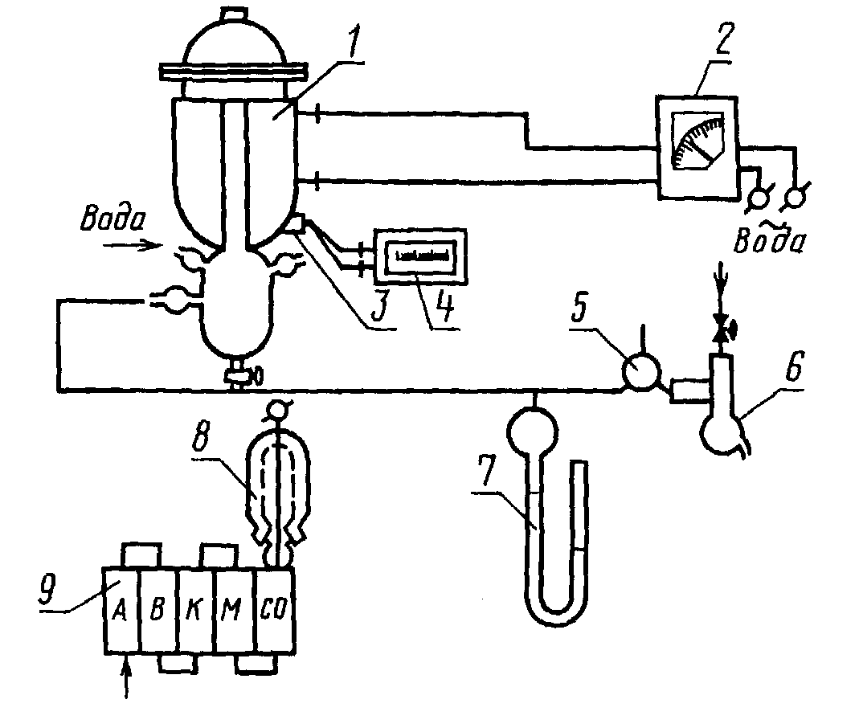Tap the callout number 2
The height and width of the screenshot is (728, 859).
[x=723, y=40]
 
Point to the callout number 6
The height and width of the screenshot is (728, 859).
[x=794, y=366]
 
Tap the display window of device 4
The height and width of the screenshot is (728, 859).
[x=419, y=256]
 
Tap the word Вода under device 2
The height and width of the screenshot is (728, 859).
[x=770, y=239]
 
